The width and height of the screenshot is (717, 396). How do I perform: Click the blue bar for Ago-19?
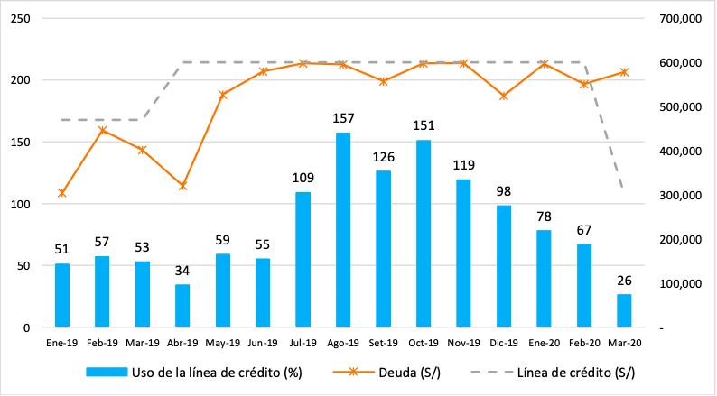[x=343, y=230]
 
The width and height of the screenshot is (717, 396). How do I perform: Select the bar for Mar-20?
[x=624, y=310]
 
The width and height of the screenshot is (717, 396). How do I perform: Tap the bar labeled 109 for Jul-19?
[x=303, y=260]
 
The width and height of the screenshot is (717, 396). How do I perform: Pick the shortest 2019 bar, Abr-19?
[x=182, y=306]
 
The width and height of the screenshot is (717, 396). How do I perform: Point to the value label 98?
[x=504, y=191]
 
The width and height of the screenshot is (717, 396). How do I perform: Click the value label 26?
[x=624, y=280]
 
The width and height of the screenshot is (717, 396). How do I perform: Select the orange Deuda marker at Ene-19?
[x=62, y=193]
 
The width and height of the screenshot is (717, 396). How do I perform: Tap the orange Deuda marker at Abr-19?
[x=182, y=186]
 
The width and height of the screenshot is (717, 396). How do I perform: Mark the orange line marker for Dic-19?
[x=504, y=96]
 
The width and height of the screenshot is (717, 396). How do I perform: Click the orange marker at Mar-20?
[x=624, y=72]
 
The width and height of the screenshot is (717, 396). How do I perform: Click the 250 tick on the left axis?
[x=20, y=18]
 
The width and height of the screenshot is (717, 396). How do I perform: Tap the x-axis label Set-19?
[x=384, y=343]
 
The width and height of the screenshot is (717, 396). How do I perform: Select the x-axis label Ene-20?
[x=544, y=343]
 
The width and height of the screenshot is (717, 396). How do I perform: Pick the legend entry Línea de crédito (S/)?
[x=574, y=372]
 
